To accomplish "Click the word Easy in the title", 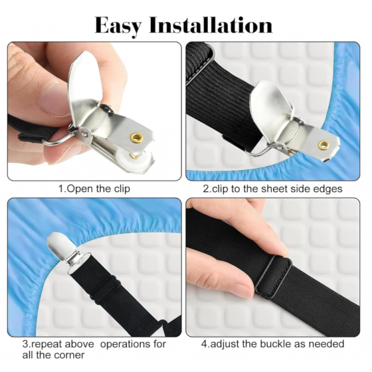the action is point(119,26).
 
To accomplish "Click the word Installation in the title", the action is point(211,25).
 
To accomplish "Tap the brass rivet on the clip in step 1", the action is point(137,137).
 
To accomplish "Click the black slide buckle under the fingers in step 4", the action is point(273,276).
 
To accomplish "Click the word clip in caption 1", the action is point(122,189).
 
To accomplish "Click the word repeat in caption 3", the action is point(46,345).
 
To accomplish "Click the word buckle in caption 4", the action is point(274,344).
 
